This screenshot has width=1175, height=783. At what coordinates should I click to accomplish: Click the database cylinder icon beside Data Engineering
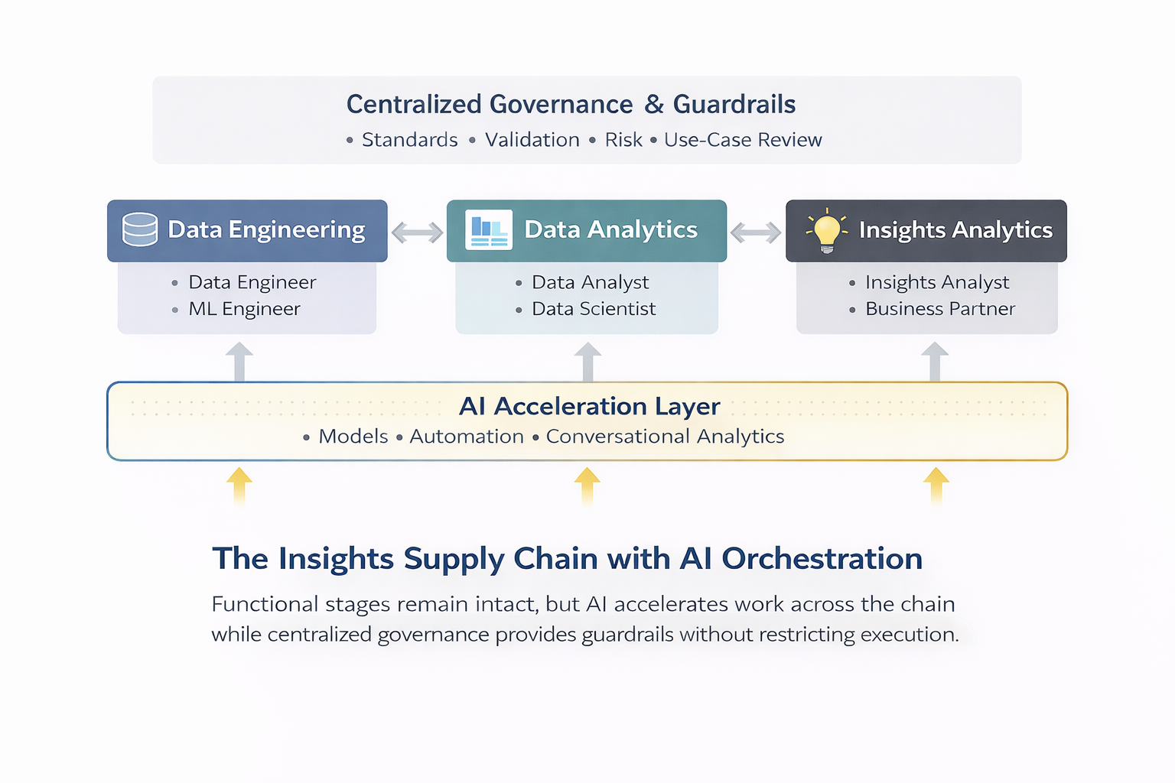pos(140,229)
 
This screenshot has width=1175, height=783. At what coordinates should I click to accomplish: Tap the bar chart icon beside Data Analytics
pos(489,229)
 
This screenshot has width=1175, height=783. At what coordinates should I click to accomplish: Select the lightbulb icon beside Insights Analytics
pos(827,230)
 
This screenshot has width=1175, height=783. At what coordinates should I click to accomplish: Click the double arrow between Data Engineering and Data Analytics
pos(417,232)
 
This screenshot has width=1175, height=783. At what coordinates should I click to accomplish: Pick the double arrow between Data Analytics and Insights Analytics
pos(756,232)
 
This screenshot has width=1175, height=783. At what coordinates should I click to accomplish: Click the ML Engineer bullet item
pos(244,309)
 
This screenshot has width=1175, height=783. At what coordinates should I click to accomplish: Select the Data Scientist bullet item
pos(594,309)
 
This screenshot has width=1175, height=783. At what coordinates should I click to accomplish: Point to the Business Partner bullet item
pos(940,309)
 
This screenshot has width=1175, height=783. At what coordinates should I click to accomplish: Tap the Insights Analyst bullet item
pos(937,282)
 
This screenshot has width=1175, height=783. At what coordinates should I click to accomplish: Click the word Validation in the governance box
pos(532,140)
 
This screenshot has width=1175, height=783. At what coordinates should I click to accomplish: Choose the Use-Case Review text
pos(743,140)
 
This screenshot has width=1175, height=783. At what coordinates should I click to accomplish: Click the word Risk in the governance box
pos(623,140)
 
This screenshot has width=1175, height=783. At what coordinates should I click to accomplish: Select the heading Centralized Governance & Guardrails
pos(571,104)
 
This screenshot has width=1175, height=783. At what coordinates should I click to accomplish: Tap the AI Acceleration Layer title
pos(589,406)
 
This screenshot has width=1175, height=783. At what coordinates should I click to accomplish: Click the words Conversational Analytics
pos(665,437)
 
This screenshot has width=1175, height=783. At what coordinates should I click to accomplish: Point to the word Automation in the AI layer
pos(467,437)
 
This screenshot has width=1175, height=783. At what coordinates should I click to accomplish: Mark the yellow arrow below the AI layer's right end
pos(936,485)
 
